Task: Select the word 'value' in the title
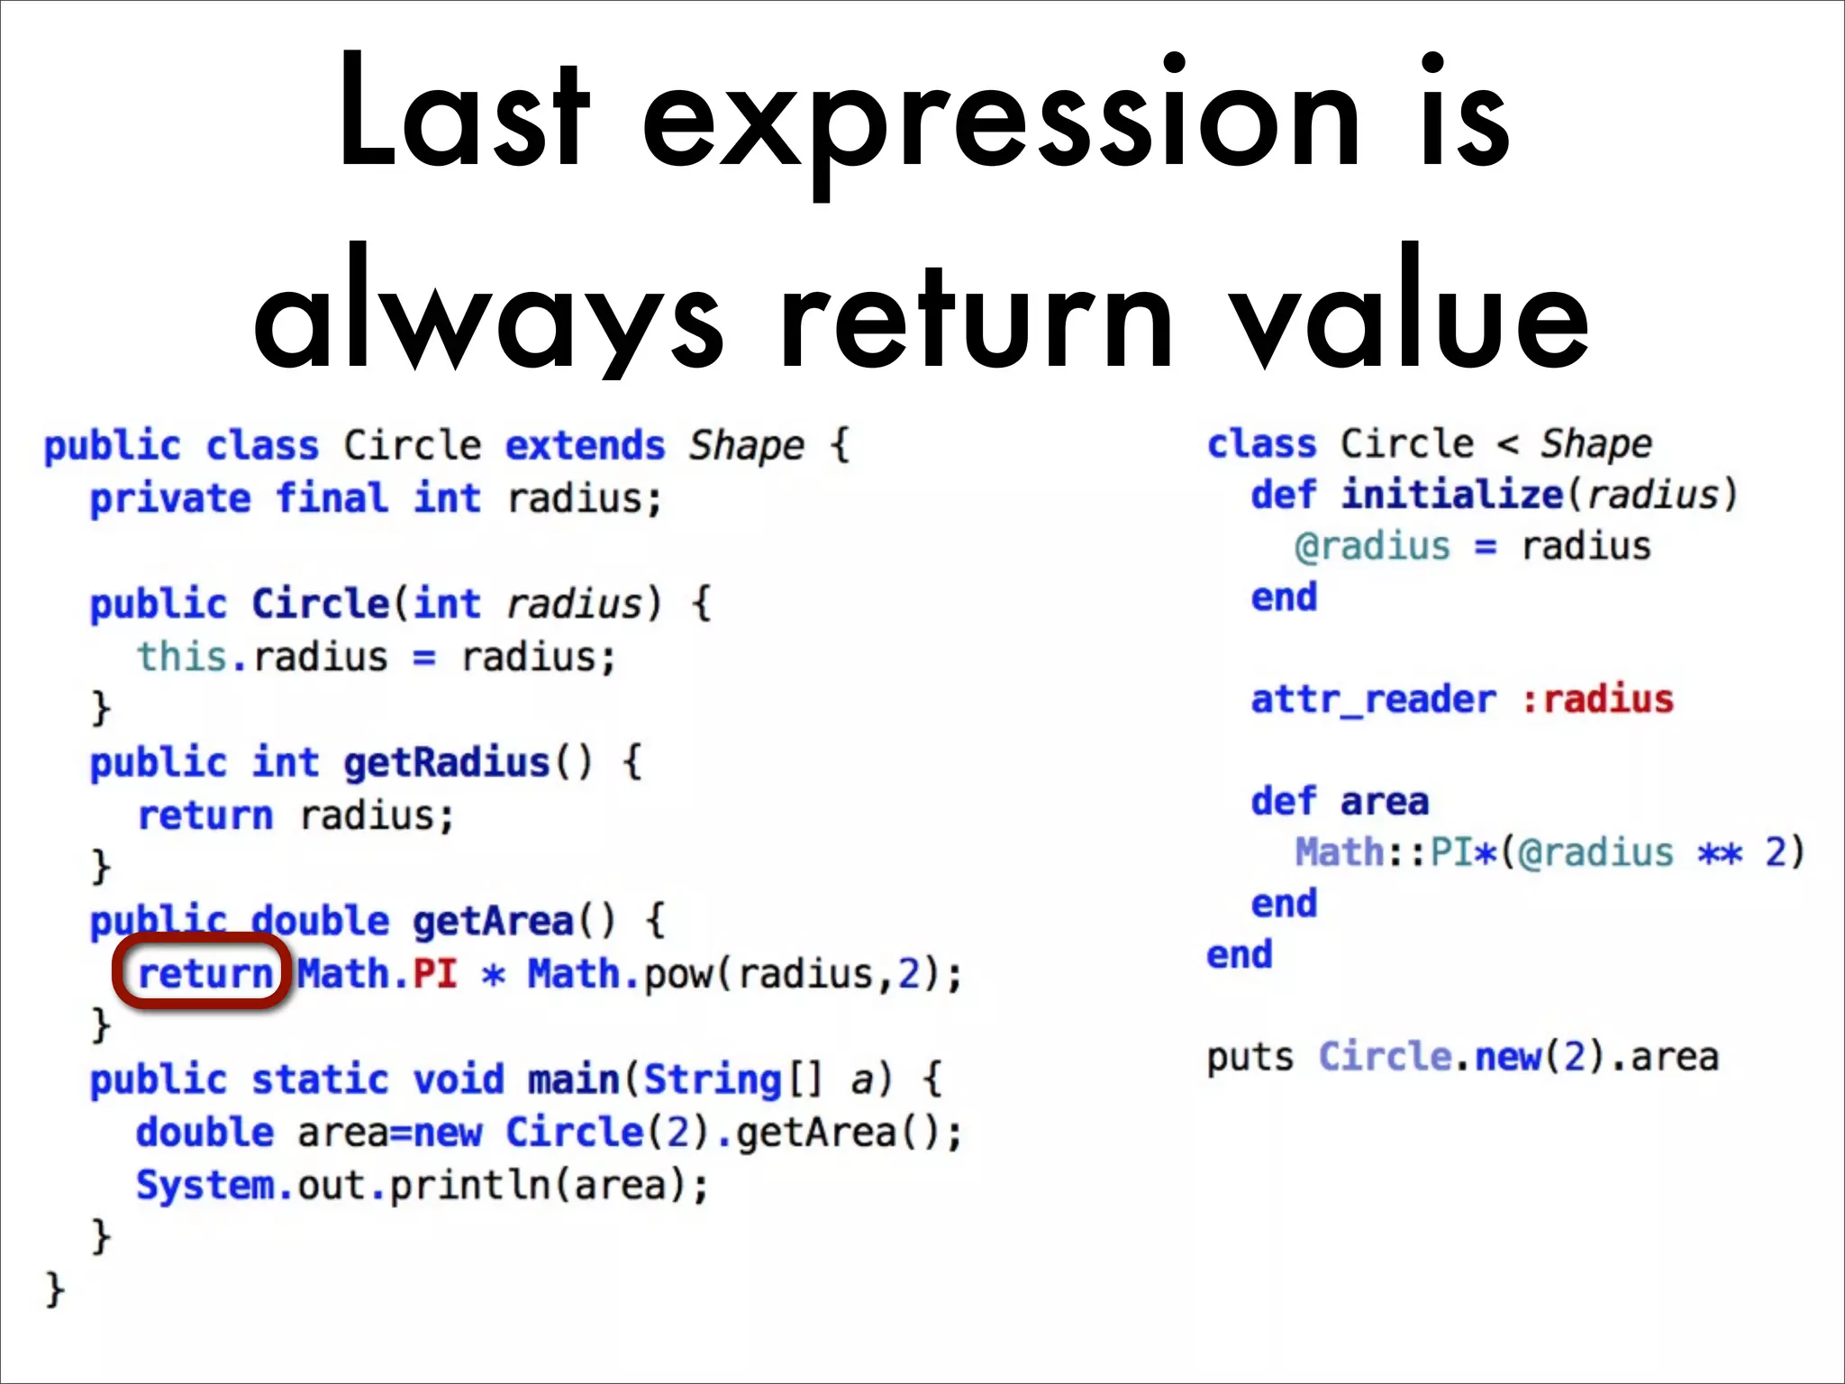(1411, 312)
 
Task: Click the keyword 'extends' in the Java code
(585, 446)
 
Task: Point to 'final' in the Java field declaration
(332, 498)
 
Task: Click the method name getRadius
(446, 763)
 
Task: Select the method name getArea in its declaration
(493, 921)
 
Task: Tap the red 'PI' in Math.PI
(434, 974)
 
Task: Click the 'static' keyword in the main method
(321, 1079)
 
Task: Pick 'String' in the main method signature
(712, 1079)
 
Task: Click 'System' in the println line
(205, 1185)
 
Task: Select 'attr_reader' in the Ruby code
(1373, 699)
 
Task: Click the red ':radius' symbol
(1597, 699)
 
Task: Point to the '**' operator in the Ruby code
(1720, 852)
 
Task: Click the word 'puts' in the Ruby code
(1250, 1057)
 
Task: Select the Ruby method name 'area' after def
(1384, 802)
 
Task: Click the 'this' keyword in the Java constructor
(181, 657)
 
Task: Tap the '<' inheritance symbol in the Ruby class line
(1507, 445)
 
